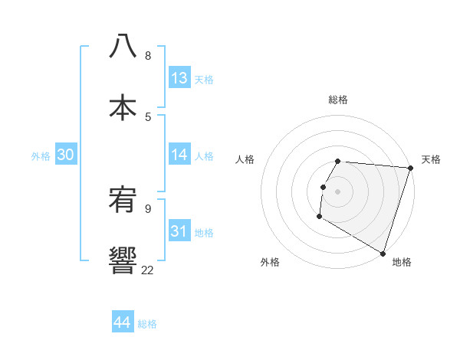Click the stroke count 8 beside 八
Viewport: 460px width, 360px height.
(x=147, y=56)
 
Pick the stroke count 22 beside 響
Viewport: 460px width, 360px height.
(x=147, y=270)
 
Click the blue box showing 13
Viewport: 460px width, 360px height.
(x=179, y=78)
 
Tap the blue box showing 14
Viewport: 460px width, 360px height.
(x=179, y=155)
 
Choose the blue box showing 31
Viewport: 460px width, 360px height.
(x=179, y=231)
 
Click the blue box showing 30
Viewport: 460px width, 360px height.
(x=66, y=155)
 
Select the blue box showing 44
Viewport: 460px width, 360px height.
(x=123, y=322)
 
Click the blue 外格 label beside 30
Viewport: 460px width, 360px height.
(x=41, y=156)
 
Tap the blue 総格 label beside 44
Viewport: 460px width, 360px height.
(x=147, y=324)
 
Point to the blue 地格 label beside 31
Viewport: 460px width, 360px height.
(x=204, y=233)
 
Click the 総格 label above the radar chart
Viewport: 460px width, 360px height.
(x=338, y=100)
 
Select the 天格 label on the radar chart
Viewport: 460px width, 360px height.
(x=431, y=159)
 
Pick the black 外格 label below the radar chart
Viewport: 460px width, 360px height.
(x=269, y=262)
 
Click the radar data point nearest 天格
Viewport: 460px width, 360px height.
(x=410, y=168)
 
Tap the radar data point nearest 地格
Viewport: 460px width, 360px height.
(x=382, y=254)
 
